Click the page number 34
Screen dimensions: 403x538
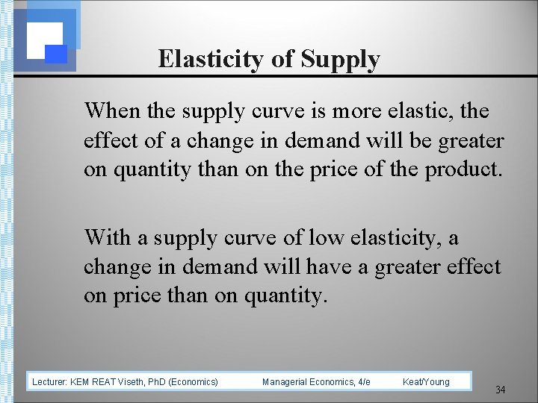coord(501,390)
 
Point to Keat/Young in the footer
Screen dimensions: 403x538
coord(426,382)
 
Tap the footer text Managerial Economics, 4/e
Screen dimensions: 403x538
coord(316,382)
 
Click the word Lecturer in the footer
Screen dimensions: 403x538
coord(49,382)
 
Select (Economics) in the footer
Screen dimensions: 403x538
coord(193,382)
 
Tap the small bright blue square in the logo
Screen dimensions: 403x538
coord(57,53)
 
